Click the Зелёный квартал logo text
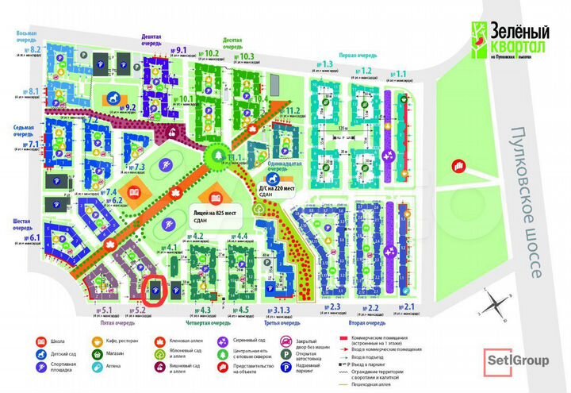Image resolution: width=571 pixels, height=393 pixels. coord(513,36)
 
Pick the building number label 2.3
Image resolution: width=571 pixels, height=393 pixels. coord(334,307)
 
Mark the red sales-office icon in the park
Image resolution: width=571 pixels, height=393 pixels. coord(458,165)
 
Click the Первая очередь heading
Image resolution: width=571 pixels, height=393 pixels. coord(356,56)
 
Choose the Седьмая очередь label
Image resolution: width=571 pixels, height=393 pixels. coord(23,130)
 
